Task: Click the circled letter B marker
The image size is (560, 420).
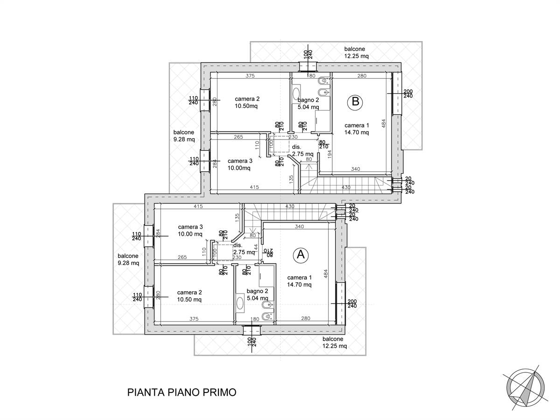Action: pyautogui.click(x=355, y=102)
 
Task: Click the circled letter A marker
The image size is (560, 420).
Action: pyautogui.click(x=301, y=255)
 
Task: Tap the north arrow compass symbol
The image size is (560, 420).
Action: pyautogui.click(x=525, y=393)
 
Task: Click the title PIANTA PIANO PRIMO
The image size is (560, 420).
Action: pyautogui.click(x=182, y=392)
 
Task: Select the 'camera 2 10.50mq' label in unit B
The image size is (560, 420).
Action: pyautogui.click(x=247, y=102)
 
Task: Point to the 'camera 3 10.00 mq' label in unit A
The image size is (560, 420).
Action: pyautogui.click(x=190, y=230)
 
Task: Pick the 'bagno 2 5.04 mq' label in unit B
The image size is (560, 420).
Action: pyautogui.click(x=308, y=104)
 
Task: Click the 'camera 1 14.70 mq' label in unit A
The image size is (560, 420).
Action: pyautogui.click(x=299, y=281)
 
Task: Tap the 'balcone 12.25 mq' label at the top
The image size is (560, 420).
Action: pyautogui.click(x=357, y=52)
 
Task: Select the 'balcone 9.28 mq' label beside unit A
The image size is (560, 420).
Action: pyautogui.click(x=128, y=259)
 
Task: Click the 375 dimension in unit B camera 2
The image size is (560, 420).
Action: pyautogui.click(x=250, y=76)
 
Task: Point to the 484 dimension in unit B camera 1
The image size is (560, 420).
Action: pyautogui.click(x=384, y=124)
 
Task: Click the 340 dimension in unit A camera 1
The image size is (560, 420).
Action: pyautogui.click(x=299, y=226)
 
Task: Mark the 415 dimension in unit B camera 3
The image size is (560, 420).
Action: pyautogui.click(x=254, y=187)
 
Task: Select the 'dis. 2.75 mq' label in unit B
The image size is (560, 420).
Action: pyautogui.click(x=302, y=150)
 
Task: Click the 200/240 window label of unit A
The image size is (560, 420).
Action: pyautogui.click(x=352, y=303)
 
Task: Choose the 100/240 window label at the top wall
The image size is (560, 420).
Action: pyautogui.click(x=308, y=54)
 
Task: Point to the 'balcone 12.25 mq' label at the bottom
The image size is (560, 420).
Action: pyautogui.click(x=335, y=342)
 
